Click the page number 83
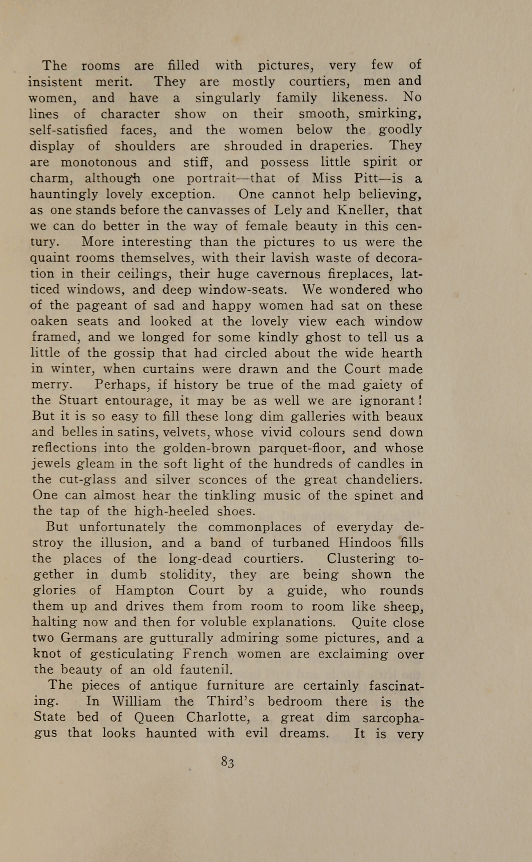pyautogui.click(x=227, y=762)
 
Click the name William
pyautogui.click(x=137, y=702)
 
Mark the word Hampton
pyautogui.click(x=144, y=591)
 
